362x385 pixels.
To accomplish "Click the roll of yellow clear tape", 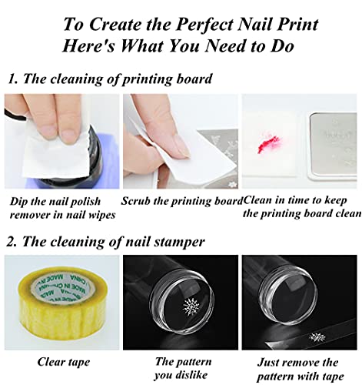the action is (x=62, y=303).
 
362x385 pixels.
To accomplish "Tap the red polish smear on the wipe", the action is (x=268, y=144).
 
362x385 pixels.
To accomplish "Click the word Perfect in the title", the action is (x=204, y=25).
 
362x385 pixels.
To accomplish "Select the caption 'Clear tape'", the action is (x=64, y=362).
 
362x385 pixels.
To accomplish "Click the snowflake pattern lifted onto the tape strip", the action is (x=317, y=336).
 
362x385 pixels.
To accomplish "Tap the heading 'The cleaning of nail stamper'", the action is (x=105, y=242).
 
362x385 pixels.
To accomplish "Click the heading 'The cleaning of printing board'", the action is (x=110, y=79).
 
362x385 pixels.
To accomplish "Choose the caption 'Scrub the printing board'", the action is (x=181, y=201).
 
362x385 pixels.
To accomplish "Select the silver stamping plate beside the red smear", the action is (x=332, y=145).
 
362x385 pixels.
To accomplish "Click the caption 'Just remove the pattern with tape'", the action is (x=300, y=369).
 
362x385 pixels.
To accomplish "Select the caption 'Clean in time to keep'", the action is (x=295, y=200).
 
